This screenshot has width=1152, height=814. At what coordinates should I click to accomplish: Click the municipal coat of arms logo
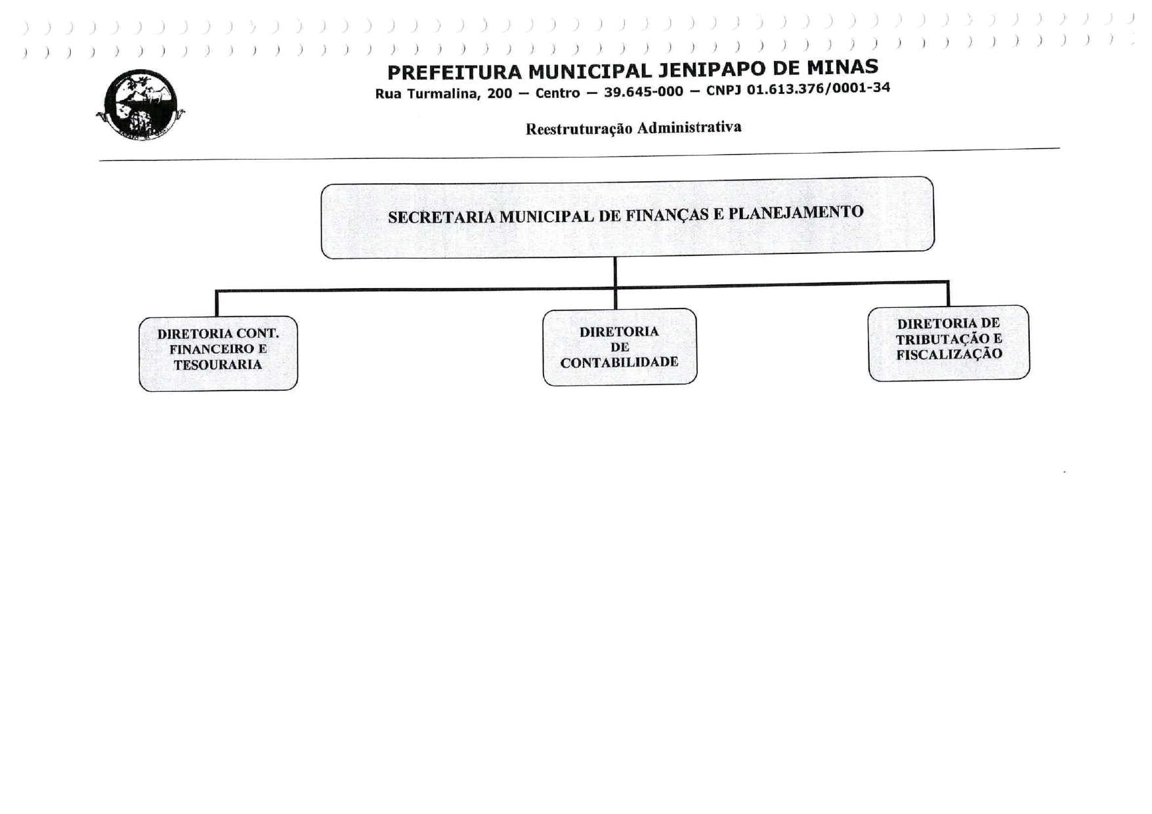(x=140, y=105)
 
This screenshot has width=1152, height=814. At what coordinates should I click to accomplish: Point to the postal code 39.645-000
(x=643, y=91)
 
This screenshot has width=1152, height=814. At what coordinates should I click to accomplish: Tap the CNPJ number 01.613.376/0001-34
(x=818, y=88)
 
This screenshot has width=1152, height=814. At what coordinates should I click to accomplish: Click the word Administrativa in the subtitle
(x=689, y=127)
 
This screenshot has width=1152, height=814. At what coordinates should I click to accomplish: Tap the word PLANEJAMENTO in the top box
(x=796, y=213)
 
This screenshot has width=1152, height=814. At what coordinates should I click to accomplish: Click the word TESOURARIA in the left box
(x=218, y=365)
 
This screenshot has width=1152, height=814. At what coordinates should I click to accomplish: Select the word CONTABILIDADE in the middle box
(x=619, y=362)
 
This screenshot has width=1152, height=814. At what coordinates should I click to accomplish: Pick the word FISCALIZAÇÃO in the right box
(x=949, y=354)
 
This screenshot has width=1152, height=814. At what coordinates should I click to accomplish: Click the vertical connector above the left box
(x=217, y=303)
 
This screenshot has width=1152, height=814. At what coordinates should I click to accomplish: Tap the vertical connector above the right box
(x=948, y=294)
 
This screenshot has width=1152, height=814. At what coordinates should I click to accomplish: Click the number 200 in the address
(x=500, y=93)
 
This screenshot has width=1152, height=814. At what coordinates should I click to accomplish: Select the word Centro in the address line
(x=557, y=93)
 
